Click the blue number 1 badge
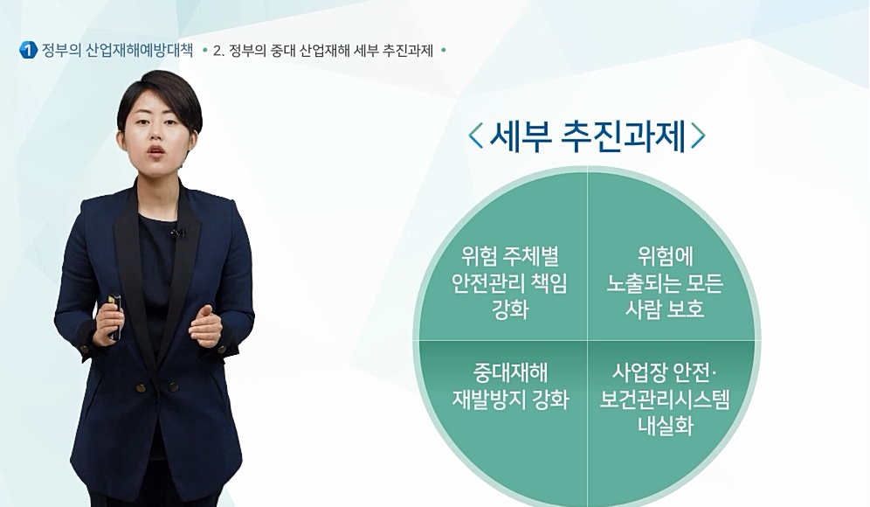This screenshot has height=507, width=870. click(28, 51)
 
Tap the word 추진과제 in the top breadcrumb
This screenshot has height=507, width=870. click(408, 51)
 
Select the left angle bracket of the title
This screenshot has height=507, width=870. click(476, 135)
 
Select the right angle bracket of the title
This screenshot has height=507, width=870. click(698, 135)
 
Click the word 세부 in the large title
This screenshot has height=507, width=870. click(520, 135)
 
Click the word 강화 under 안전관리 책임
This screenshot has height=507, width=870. click(510, 309)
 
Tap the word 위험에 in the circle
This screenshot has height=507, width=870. click(666, 256)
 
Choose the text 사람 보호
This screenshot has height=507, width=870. click(665, 309)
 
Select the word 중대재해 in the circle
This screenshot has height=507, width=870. click(510, 372)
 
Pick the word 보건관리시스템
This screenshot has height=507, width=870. click(665, 399)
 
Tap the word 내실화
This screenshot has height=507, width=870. click(666, 426)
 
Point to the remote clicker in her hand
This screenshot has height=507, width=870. click(114, 316)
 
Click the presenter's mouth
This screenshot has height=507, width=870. click(155, 150)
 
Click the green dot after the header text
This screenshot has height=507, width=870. click(444, 51)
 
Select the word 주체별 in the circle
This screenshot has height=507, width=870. click(530, 256)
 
